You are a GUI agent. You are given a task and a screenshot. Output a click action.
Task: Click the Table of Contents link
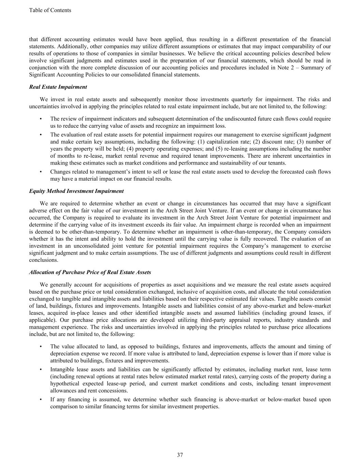tap(50, 10)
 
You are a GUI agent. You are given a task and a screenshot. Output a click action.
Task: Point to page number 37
tap(180, 455)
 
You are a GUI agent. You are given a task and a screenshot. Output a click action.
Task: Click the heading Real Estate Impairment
tap(58, 87)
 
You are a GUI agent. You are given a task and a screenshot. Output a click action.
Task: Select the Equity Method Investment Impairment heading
tap(76, 191)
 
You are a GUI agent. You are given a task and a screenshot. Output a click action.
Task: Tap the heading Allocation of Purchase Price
tap(90, 272)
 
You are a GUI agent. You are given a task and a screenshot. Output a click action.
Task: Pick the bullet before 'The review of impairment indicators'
tap(41, 119)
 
